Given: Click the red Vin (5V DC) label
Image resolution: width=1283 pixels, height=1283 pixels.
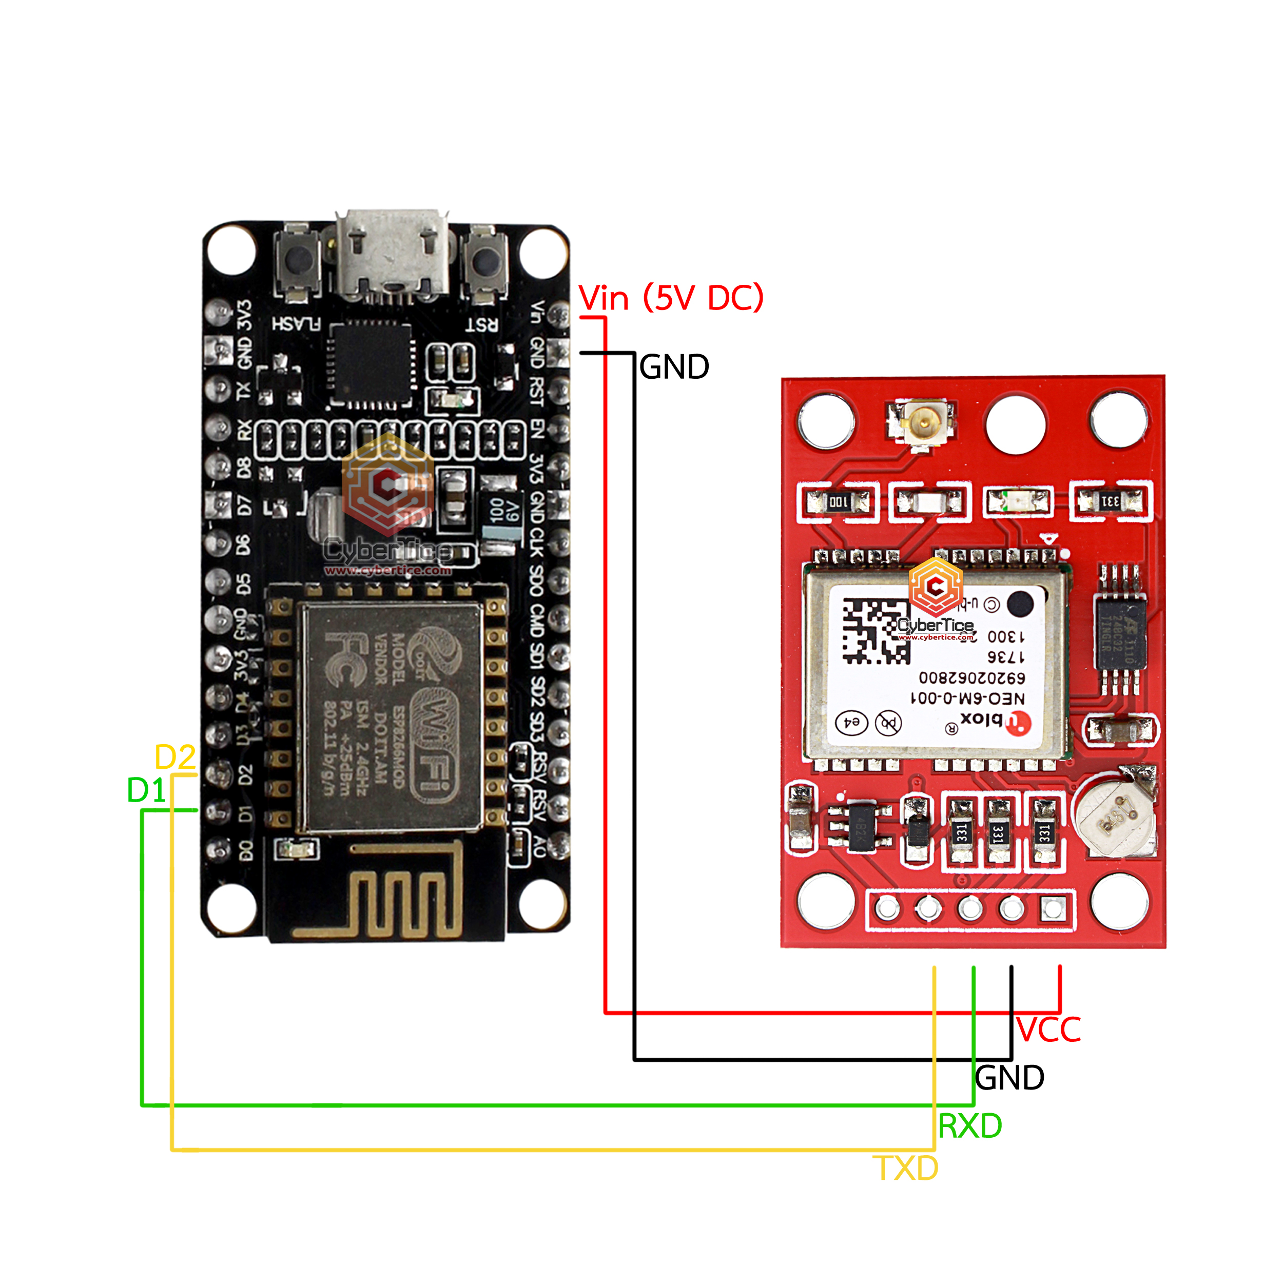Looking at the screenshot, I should [x=671, y=298].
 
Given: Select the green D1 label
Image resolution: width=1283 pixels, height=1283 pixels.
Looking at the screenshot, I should [x=146, y=790].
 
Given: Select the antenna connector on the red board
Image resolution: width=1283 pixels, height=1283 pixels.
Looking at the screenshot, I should [x=922, y=422].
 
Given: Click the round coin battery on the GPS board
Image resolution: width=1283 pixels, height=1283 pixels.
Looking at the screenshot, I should [x=1116, y=817].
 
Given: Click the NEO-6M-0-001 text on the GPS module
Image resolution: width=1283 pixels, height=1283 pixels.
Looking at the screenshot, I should [x=967, y=698].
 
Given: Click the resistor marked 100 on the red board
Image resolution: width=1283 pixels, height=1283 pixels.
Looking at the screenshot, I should [x=838, y=502].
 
